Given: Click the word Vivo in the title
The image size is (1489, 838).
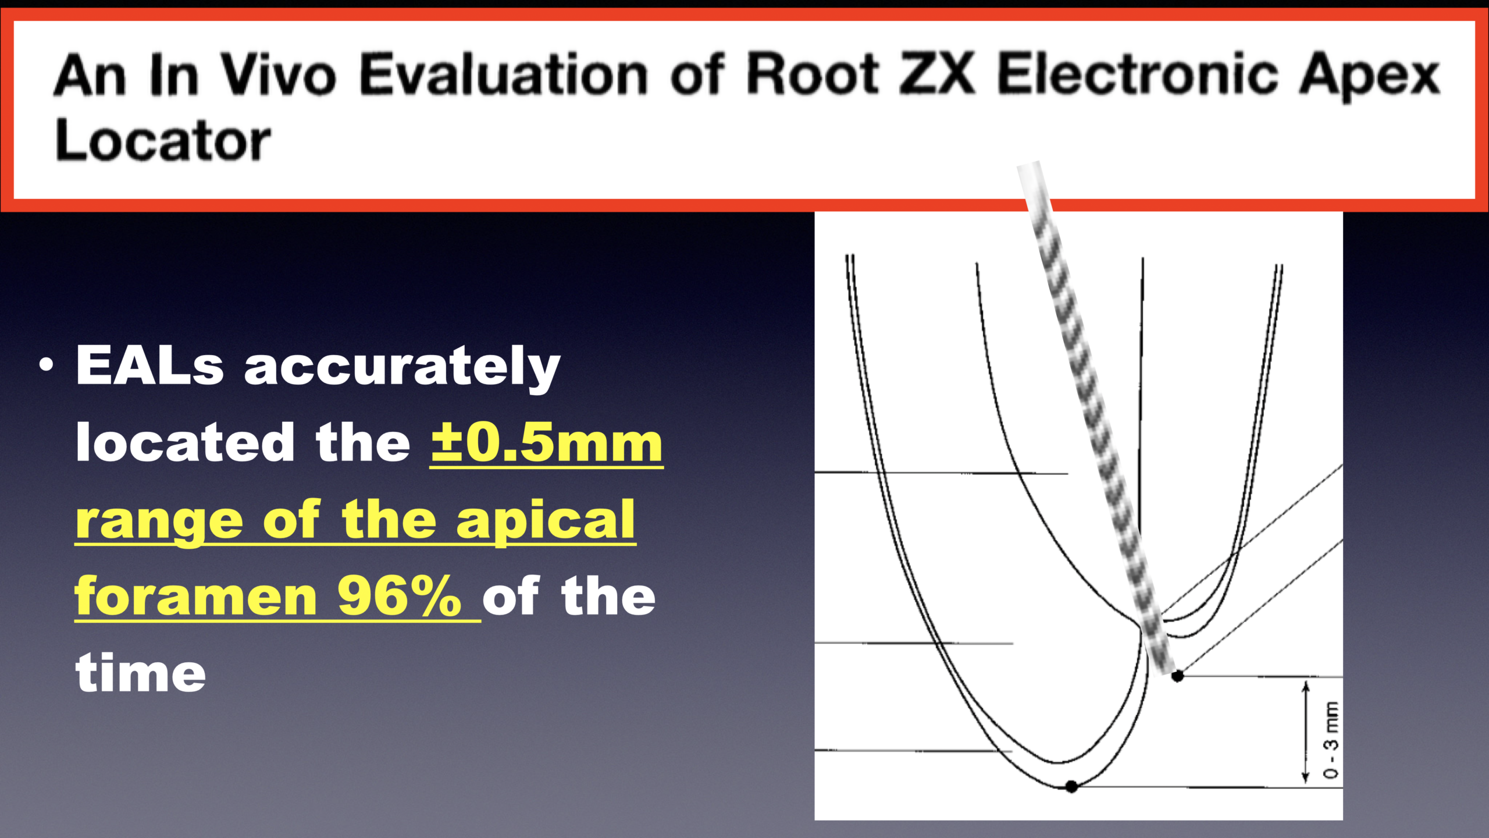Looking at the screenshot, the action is pyautogui.click(x=279, y=74).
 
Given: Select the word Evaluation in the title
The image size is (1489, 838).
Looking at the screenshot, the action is pyautogui.click(x=504, y=74).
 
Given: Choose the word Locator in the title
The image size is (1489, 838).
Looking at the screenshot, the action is pyautogui.click(x=163, y=140).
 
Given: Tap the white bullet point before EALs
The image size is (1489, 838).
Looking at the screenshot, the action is pyautogui.click(x=46, y=365).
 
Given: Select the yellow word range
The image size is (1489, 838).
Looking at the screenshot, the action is pyautogui.click(x=159, y=523).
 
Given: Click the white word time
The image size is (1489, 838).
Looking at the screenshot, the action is pyautogui.click(x=141, y=672).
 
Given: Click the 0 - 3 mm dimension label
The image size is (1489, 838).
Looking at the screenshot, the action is pyautogui.click(x=1331, y=740).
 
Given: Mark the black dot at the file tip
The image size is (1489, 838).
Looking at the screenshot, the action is pyautogui.click(x=1177, y=676).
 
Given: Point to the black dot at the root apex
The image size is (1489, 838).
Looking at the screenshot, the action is pyautogui.click(x=1071, y=787).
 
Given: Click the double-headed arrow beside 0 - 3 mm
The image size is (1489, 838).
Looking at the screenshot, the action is pyautogui.click(x=1306, y=732).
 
